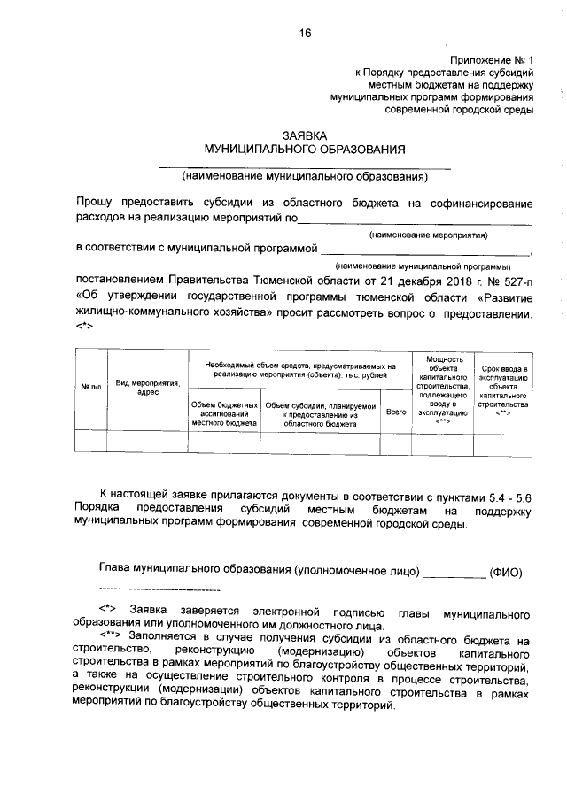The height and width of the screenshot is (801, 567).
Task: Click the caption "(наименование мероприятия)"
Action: coord(428,235)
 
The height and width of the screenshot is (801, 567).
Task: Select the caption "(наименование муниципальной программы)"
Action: coord(422,266)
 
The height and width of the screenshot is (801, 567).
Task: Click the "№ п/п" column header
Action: coord(92,386)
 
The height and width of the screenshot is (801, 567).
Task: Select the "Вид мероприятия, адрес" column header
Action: coord(147,387)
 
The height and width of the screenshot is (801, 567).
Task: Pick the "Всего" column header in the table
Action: coord(396,412)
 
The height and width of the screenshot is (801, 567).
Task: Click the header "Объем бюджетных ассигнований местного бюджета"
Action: coord(224,414)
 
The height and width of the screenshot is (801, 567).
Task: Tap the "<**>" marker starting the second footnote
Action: coord(112,637)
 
